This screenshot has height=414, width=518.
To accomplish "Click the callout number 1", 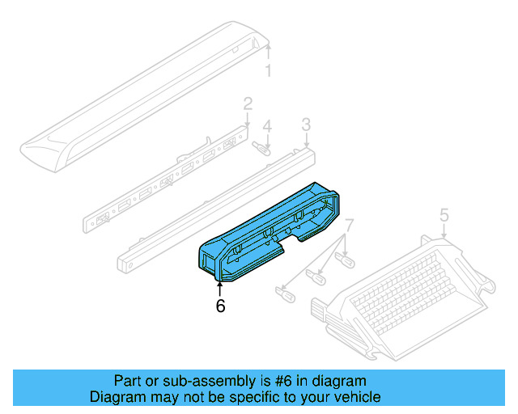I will coord(270,71).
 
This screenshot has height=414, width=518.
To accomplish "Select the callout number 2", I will coord(248,103).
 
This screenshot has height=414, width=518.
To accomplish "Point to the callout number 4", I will coord(267,127).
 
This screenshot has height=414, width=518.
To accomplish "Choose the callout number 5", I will coord(444,214).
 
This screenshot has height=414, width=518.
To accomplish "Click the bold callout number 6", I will coord(219,306).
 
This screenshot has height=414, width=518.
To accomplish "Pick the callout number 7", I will coord(350,224).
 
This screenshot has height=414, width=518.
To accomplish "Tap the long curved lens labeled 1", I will coord(146,97).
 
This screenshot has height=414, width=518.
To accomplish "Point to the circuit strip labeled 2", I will coord(170,182).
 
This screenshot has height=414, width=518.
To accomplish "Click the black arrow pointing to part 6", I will coord(219,285).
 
